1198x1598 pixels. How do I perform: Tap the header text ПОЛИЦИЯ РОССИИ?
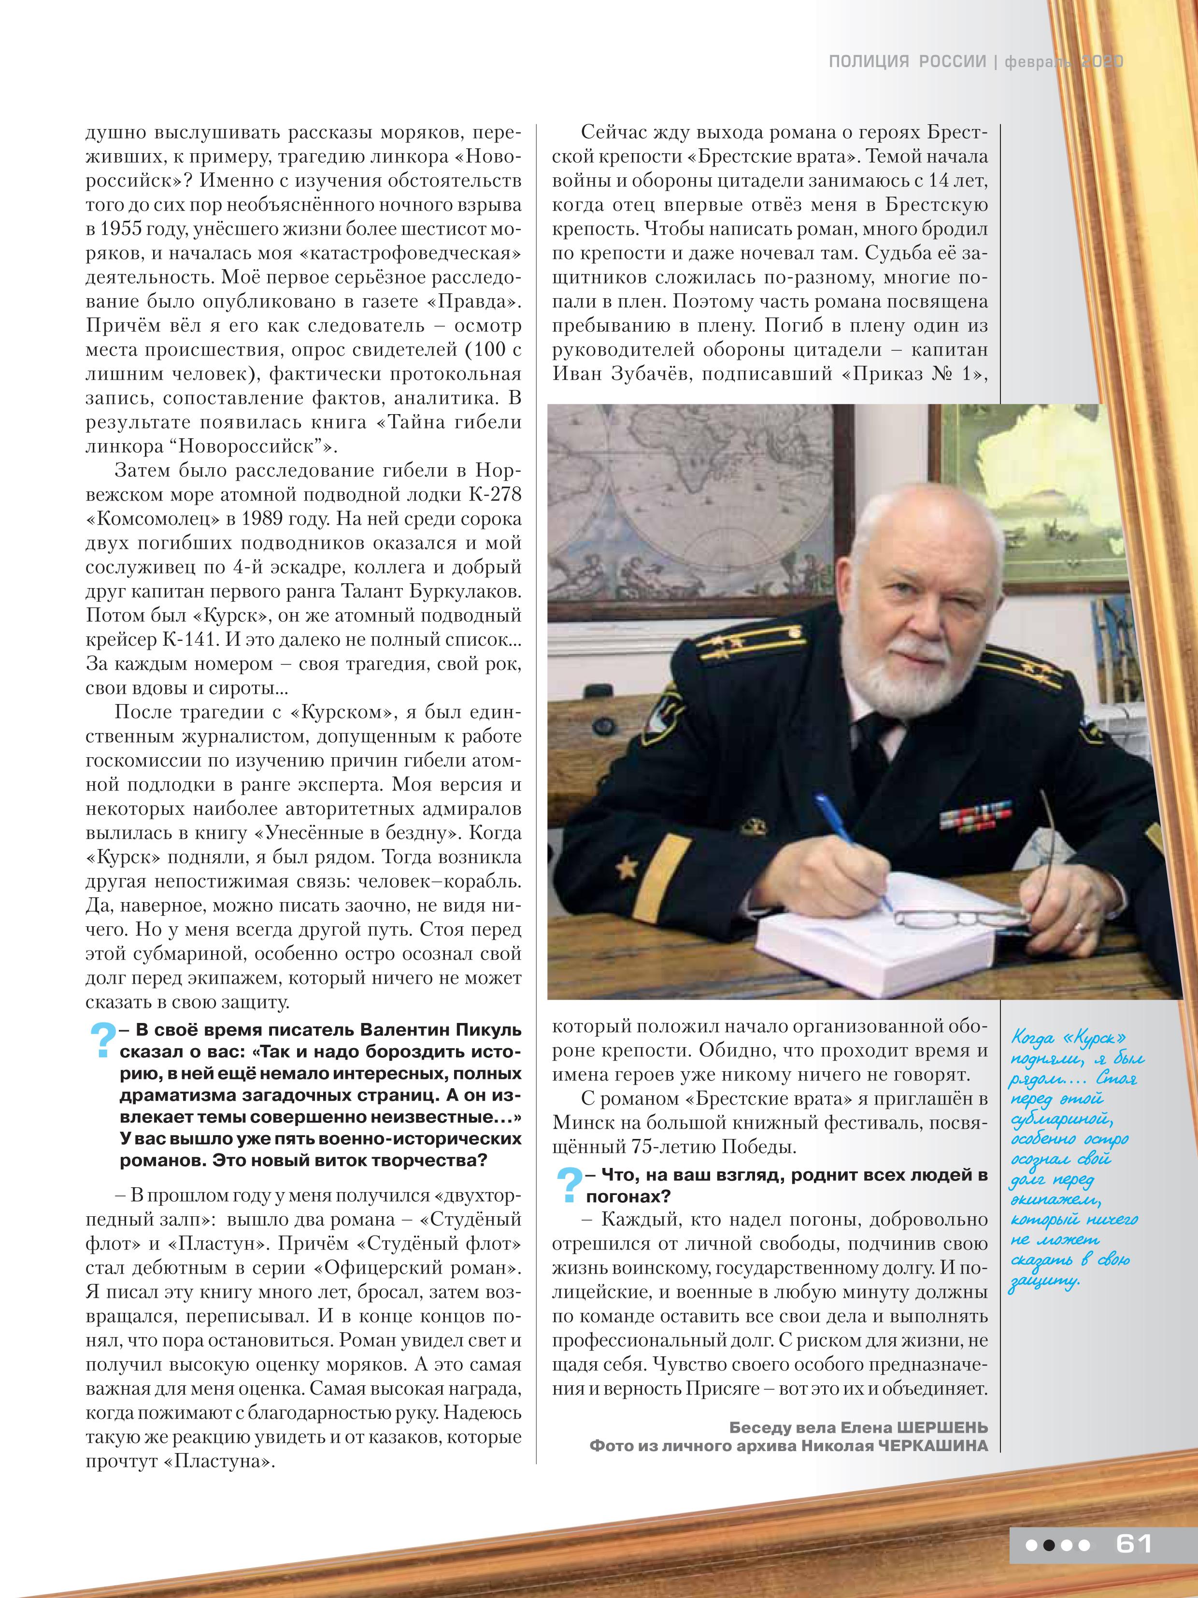coord(907,62)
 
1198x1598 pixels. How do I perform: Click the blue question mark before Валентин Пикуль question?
coord(102,1040)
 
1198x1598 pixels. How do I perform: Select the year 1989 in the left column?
coord(264,519)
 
